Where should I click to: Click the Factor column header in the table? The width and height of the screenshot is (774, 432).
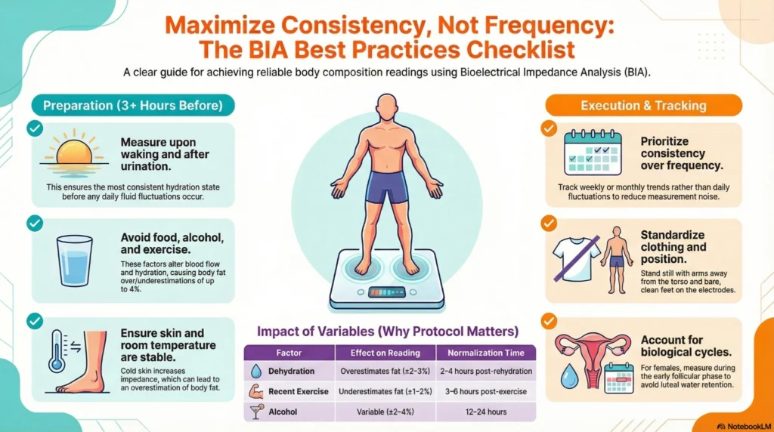coord(289,353)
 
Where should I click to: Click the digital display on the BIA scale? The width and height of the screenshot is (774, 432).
coord(386,292)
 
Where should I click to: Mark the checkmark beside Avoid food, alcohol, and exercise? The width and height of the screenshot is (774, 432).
coord(34,224)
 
